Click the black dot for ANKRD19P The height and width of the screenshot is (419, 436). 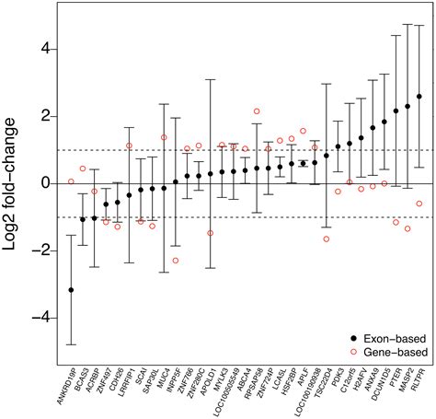click(71, 290)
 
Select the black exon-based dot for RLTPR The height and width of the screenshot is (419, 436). click(419, 97)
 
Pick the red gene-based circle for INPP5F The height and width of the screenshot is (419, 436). click(176, 261)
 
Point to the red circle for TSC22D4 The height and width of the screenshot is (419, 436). click(327, 239)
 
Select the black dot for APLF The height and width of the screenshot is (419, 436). click(304, 163)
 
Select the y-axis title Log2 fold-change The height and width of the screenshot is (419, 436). click(16, 183)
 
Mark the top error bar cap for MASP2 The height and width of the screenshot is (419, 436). click(407, 25)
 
